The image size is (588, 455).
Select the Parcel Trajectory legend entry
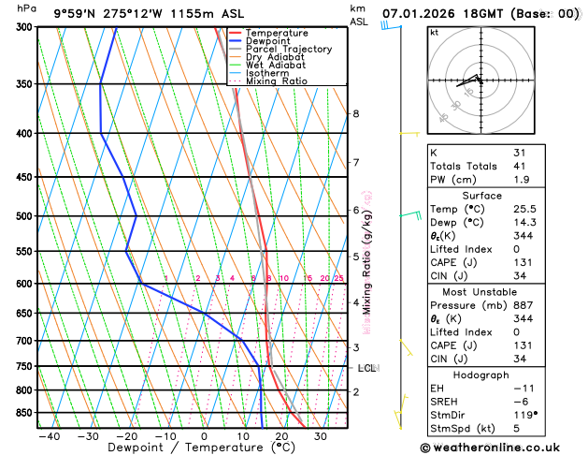[288, 50]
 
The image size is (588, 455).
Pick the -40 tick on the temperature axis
[50, 436]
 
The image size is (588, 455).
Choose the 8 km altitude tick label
[356, 114]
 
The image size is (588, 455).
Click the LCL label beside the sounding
[366, 368]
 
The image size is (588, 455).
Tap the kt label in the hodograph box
[435, 33]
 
